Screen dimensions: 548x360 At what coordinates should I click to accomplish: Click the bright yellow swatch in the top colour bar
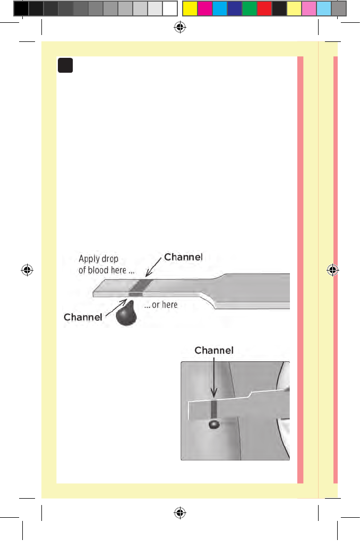coord(190,8)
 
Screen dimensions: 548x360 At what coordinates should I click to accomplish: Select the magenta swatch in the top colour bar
coord(205,8)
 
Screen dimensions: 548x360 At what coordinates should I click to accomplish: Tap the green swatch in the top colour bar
coord(250,8)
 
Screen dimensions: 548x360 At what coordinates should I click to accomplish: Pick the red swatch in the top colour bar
coord(264,8)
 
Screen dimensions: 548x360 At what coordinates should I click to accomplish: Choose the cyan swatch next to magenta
coord(220,8)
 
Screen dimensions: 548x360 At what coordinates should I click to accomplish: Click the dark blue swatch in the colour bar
coord(235,8)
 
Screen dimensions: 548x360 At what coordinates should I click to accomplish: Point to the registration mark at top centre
coord(179,28)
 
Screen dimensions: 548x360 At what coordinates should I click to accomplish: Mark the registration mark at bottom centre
coord(179,512)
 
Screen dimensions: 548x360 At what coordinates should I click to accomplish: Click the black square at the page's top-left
coord(65,66)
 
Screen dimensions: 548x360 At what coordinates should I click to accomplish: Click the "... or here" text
coord(160,305)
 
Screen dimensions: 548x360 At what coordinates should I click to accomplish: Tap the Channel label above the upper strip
coord(183,257)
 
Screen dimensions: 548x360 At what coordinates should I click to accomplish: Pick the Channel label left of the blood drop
coord(83,317)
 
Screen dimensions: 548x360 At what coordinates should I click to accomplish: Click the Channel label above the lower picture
coord(214,351)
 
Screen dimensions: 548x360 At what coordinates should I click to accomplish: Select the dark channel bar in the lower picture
coord(214,409)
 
